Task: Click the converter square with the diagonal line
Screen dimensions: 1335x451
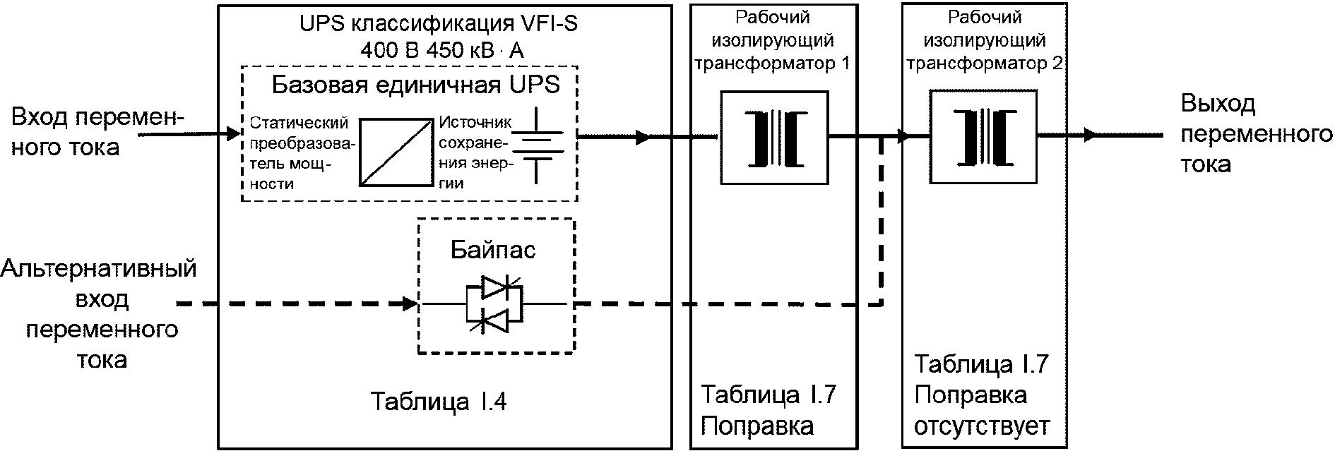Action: click(396, 152)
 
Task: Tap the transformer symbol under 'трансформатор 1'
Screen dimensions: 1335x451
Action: click(774, 138)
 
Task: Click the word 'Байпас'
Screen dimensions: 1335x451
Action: click(493, 249)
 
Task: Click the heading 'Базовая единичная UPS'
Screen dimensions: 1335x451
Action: click(416, 85)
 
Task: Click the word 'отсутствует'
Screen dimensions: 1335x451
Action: click(983, 426)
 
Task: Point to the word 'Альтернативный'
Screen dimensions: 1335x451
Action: click(99, 270)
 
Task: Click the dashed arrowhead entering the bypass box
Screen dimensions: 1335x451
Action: click(410, 304)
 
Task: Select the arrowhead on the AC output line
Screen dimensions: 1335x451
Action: click(1089, 134)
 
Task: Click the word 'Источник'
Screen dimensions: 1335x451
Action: click(475, 123)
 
